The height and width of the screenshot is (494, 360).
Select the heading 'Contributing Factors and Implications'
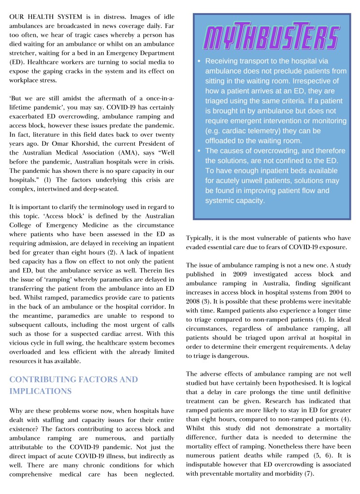coord(73,385)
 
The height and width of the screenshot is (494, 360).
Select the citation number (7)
coord(308,474)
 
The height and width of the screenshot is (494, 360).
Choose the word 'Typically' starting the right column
coord(202,238)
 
